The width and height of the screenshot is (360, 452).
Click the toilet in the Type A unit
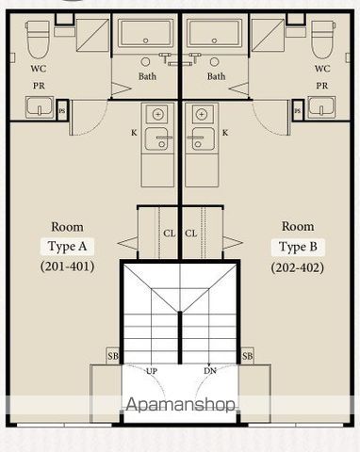(x=38, y=40)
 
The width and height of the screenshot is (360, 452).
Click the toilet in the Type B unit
(x=323, y=40)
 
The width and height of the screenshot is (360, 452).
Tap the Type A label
(x=67, y=247)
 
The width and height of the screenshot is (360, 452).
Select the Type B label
(x=298, y=248)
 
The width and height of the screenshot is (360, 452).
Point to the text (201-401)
(x=67, y=266)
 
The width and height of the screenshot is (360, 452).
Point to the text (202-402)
(x=297, y=267)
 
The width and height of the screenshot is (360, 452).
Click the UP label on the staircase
(x=152, y=371)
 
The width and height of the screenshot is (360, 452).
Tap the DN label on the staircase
(x=210, y=371)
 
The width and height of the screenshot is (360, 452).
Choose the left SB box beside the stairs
(x=113, y=356)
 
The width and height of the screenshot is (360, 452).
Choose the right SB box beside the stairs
(x=247, y=356)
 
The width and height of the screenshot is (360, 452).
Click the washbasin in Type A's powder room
(x=40, y=107)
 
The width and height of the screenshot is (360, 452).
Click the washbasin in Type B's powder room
(x=321, y=107)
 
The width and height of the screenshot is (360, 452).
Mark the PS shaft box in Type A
(x=62, y=110)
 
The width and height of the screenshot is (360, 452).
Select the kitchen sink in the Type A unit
(x=157, y=138)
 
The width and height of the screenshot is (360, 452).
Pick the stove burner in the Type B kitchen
(x=201, y=114)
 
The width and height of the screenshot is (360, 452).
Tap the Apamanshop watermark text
(x=180, y=405)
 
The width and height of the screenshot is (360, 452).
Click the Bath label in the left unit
(x=147, y=76)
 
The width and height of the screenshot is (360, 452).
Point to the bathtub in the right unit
(x=215, y=33)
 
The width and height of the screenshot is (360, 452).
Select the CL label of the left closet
(x=169, y=234)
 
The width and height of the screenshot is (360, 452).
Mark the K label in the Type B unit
(x=225, y=133)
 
